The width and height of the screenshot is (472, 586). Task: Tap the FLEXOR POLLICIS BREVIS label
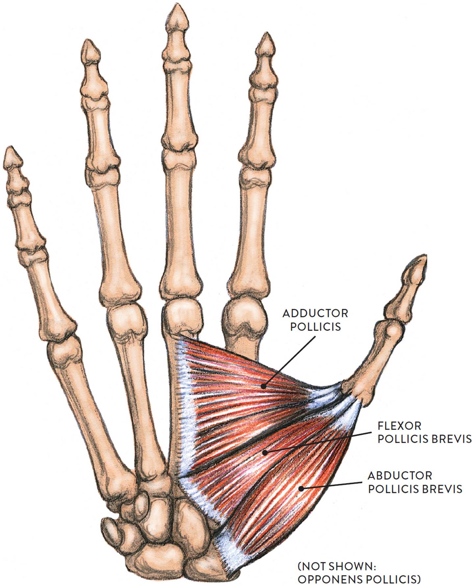[424, 433]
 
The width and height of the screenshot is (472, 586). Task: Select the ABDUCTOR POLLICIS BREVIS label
[415, 482]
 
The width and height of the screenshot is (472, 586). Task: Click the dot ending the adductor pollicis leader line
[263, 387]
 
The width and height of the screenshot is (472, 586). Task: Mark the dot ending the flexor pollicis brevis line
[264, 452]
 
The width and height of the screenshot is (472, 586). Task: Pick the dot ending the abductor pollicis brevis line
[300, 488]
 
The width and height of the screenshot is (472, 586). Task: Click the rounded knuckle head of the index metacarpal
[243, 317]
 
